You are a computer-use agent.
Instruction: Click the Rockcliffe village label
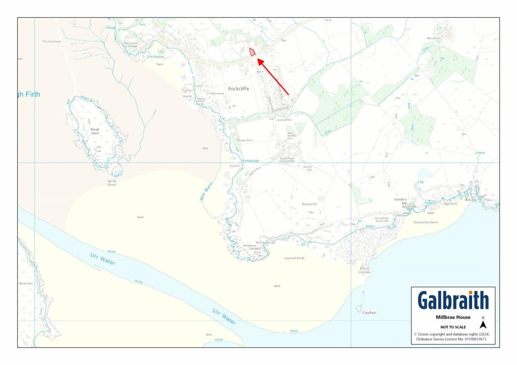238,89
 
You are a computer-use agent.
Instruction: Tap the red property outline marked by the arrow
252,52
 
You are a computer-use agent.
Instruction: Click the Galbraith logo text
453,300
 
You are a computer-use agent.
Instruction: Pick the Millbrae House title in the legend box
453,317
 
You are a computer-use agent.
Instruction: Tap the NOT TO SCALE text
453,327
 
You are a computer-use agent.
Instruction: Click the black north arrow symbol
483,325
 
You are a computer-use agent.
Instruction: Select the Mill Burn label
203,194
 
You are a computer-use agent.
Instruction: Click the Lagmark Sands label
294,258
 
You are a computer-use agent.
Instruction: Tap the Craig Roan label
369,313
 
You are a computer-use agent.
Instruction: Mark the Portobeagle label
250,161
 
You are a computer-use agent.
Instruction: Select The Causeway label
51,41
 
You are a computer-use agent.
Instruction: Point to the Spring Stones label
112,182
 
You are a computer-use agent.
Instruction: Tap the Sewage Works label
245,140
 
